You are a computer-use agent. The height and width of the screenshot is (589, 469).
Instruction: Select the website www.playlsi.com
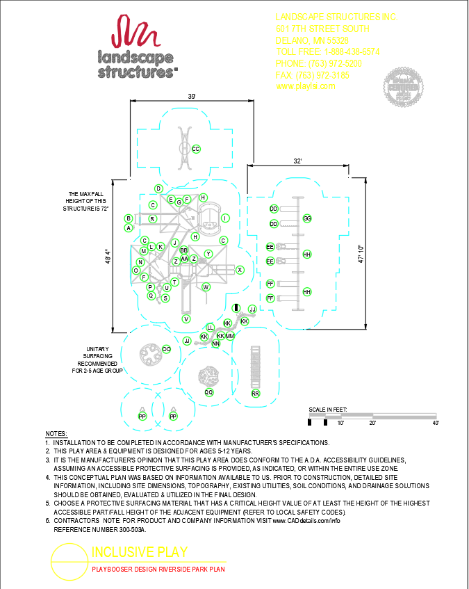(306, 86)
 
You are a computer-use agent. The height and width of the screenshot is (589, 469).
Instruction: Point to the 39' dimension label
(190, 96)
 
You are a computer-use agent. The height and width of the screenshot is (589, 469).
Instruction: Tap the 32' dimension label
(297, 161)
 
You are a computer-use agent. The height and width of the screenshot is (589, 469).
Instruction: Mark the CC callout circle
(196, 149)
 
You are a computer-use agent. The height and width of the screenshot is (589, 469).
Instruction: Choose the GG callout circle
(307, 218)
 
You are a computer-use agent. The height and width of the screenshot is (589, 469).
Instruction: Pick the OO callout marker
(167, 349)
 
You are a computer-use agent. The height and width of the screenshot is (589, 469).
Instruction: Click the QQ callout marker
(208, 392)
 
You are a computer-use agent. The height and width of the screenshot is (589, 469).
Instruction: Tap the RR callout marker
(256, 394)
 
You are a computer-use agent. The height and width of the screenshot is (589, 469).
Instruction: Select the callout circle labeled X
(240, 270)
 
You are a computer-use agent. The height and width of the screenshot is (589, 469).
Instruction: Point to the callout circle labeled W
(206, 287)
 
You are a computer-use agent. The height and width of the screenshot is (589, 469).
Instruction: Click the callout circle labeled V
(186, 318)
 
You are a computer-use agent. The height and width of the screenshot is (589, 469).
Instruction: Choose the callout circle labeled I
(225, 218)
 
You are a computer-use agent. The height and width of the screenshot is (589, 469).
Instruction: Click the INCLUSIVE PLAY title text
(140, 553)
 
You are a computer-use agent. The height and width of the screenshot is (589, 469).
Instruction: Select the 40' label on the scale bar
(435, 423)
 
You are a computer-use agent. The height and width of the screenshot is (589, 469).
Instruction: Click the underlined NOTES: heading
(56, 434)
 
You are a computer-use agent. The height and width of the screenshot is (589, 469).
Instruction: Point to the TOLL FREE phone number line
(327, 52)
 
